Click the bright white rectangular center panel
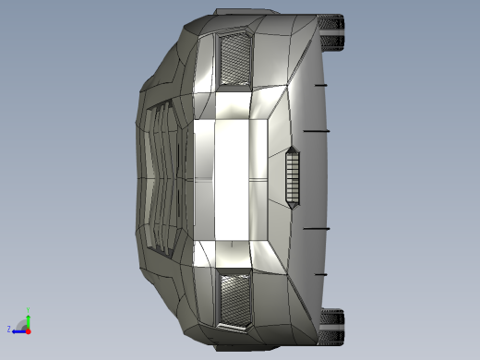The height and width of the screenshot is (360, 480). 231,177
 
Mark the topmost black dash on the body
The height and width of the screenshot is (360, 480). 320,85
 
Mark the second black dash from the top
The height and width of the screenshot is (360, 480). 317,131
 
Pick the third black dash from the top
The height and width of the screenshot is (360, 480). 317,228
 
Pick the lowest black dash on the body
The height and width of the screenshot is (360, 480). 320,274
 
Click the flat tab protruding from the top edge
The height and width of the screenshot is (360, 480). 246,13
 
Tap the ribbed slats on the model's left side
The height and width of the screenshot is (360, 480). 162,177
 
